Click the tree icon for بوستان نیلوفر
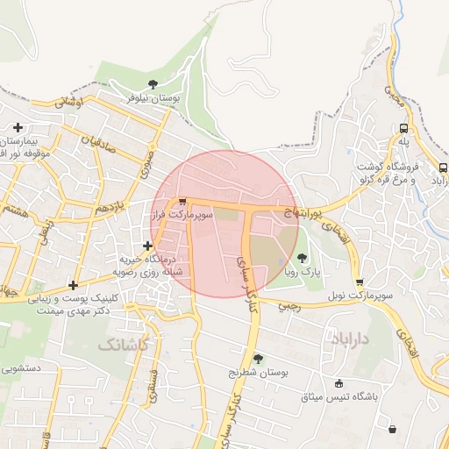pyautogui.click(x=153, y=84)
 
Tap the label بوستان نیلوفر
pyautogui.click(x=153, y=99)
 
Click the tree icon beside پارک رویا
pyautogui.click(x=303, y=258)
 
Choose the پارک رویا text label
pyautogui.click(x=303, y=273)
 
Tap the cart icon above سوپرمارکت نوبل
pyautogui.click(x=360, y=282)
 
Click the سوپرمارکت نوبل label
pyautogui.click(x=360, y=297)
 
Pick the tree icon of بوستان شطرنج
pyautogui.click(x=258, y=358)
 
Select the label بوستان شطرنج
pyautogui.click(x=258, y=373)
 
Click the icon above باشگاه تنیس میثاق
pyautogui.click(x=339, y=382)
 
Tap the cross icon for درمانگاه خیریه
pyautogui.click(x=147, y=245)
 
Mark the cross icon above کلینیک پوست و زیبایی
pyautogui.click(x=73, y=284)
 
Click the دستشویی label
pyautogui.click(x=22, y=369)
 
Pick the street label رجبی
pyautogui.click(x=289, y=308)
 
